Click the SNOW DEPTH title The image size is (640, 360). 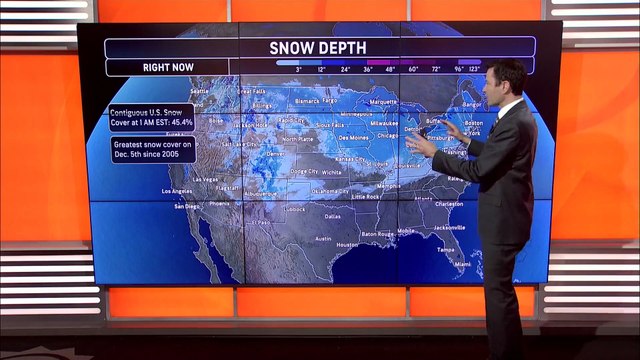pos(319,48)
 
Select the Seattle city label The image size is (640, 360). pos(200,91)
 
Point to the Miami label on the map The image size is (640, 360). pos(462,264)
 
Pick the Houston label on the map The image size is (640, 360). pos(347,244)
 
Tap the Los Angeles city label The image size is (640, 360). pos(175,191)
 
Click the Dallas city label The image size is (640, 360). pos(333,215)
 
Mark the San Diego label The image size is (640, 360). pos(187,207)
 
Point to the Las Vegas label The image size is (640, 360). pos(205,179)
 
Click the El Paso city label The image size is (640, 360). pos(261,222)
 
